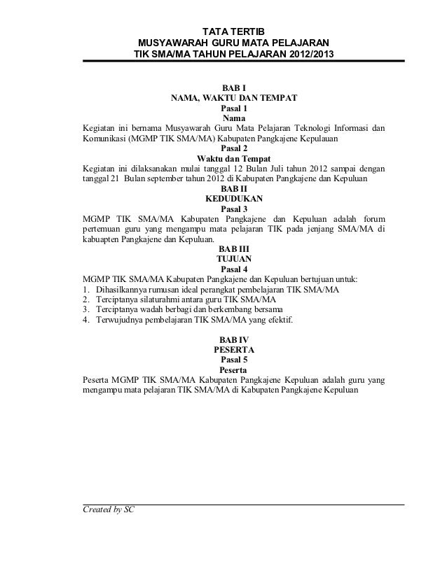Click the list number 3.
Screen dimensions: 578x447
(x=85, y=309)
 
